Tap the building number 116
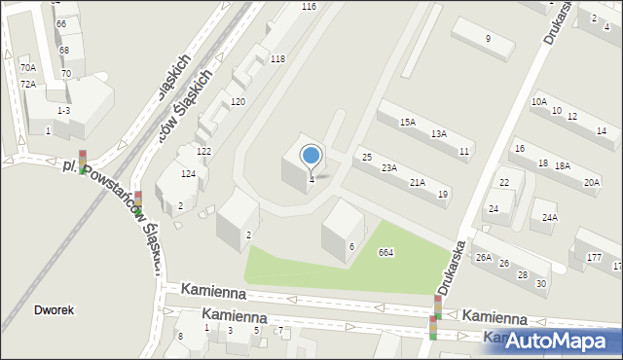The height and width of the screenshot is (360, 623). tap(309, 7)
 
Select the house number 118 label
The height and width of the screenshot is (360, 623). tap(277, 59)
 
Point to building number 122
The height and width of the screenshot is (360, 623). tap(203, 152)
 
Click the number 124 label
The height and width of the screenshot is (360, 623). tap(188, 173)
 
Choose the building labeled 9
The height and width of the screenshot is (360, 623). tap(488, 39)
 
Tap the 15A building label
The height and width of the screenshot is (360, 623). tap(408, 123)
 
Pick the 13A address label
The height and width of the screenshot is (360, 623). tap(439, 134)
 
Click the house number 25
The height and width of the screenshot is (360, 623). tap(367, 158)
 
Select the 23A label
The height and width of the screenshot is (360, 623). tap(388, 168)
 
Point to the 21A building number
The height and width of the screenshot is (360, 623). tap(417, 183)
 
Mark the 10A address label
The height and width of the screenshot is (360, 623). tap(538, 101)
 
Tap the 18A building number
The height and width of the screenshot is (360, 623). tap(562, 166)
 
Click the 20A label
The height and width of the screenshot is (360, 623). tap(591, 183)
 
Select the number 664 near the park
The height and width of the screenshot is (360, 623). tap(385, 253)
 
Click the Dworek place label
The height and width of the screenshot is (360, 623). tap(54, 310)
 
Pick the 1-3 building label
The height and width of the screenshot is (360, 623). tap(63, 112)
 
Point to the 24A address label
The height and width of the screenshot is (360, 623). tap(550, 217)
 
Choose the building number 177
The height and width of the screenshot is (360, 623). tap(594, 257)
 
